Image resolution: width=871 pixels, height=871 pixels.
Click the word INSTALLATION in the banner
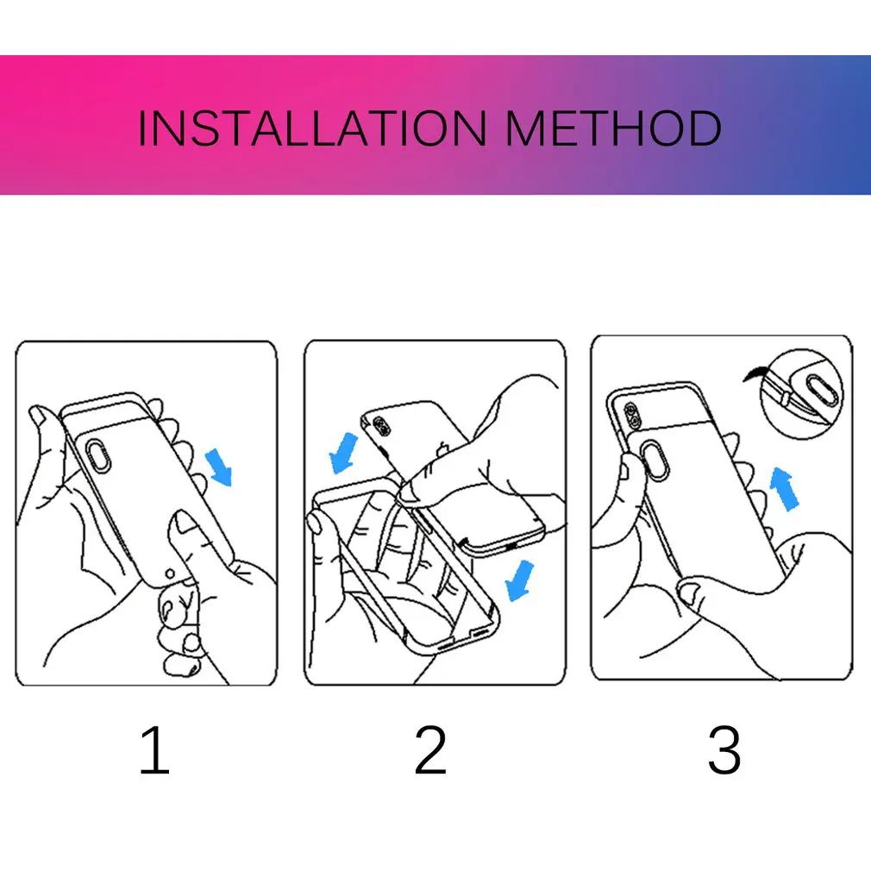pos(312,128)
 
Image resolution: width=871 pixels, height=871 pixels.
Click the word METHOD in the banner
pos(614,128)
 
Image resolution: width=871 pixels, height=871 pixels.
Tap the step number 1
pos(155,750)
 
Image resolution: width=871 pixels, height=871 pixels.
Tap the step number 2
pos(430,750)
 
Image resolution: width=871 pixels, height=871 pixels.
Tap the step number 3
pos(724,750)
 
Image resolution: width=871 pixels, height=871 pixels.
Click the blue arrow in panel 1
pos(219,467)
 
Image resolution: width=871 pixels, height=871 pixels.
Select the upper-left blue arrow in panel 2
pos(344,453)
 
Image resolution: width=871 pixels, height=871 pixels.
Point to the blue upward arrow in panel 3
pos(783,488)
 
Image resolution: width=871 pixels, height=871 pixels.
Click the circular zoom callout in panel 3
pos(801,393)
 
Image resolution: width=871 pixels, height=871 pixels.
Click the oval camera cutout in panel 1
pos(98,454)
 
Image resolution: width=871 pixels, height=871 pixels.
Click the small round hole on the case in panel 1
pos(170,573)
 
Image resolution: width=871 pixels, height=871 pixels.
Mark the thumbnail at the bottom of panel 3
pos(691,592)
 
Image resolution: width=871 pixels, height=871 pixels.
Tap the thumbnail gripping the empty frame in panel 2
pos(315,523)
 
